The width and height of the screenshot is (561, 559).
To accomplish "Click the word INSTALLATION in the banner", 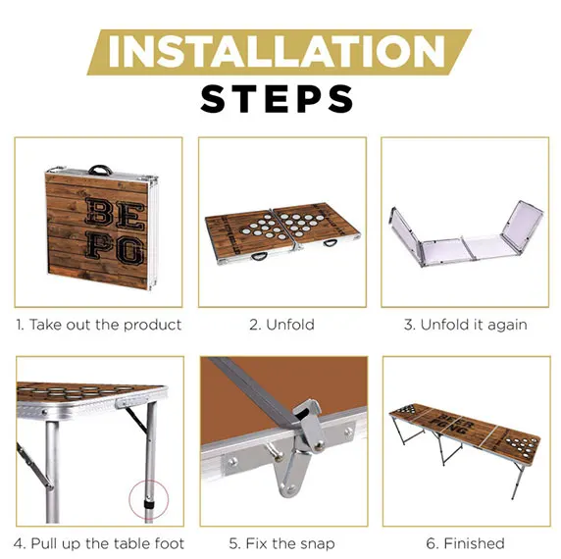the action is click(277, 52).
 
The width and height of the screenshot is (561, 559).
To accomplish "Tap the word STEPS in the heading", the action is click(277, 99).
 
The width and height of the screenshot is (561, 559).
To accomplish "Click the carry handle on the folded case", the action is click(100, 170).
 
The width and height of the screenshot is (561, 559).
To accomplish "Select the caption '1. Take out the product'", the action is click(98, 325).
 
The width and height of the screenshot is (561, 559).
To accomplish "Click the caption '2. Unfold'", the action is click(281, 325).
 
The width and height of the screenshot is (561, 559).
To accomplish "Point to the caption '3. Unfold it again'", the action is click(466, 325).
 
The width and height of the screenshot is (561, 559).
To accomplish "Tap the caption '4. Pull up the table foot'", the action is click(99, 543).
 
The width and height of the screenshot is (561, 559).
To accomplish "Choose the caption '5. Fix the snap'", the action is click(281, 543).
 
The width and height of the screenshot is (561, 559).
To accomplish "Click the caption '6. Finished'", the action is click(466, 543).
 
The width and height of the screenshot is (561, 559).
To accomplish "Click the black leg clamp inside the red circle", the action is click(149, 505).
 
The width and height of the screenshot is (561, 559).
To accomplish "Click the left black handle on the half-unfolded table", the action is click(259, 256).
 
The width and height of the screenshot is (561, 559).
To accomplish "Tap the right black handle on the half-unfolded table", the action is click(330, 244).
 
